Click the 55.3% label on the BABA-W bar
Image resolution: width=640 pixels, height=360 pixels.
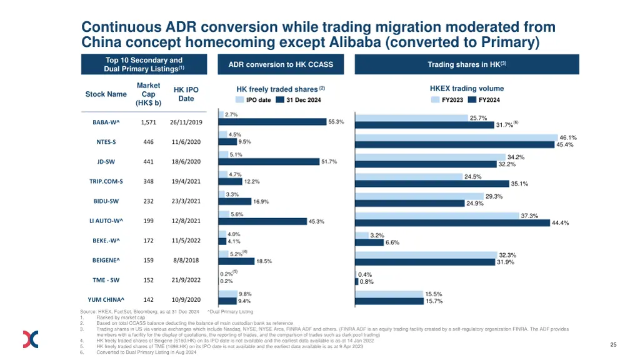click(x=336, y=122)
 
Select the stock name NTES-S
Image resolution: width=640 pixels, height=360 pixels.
click(x=106, y=142)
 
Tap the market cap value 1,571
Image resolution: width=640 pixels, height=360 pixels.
click(x=148, y=122)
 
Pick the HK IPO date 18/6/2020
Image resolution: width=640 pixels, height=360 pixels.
click(x=186, y=162)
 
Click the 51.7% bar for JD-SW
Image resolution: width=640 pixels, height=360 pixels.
click(x=269, y=162)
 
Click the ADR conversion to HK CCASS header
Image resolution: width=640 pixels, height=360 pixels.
click(x=281, y=64)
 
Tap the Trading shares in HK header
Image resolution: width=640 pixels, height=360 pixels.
click(x=466, y=64)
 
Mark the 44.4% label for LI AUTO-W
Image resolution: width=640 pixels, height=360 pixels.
click(x=560, y=223)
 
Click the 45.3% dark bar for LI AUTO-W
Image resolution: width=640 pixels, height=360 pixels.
click(x=262, y=221)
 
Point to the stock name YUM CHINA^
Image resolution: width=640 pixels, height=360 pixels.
click(x=106, y=300)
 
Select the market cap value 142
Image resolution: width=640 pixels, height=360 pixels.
click(x=148, y=300)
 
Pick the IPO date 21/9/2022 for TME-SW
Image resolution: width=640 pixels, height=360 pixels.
click(x=186, y=280)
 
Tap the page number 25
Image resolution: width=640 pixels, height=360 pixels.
click(x=613, y=345)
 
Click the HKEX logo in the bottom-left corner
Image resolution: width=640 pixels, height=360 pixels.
click(x=31, y=339)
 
